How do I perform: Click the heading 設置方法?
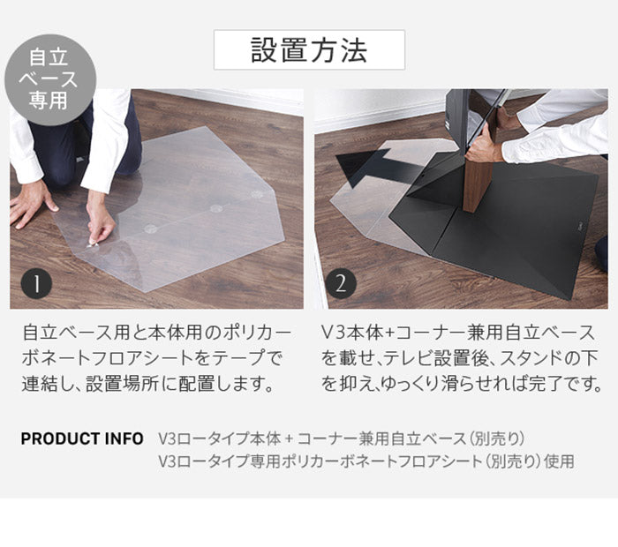[309, 49]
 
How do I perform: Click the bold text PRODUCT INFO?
[82, 438]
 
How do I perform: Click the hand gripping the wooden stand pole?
[485, 146]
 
